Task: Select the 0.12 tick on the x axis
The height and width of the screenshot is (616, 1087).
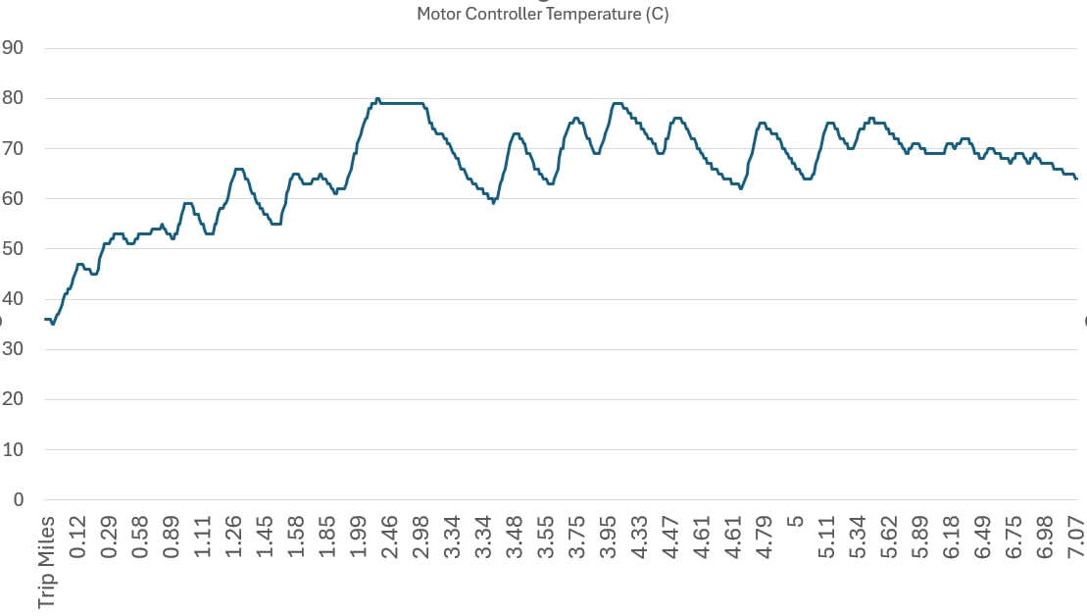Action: coord(78,538)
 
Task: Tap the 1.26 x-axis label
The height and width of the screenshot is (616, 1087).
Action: coord(234,538)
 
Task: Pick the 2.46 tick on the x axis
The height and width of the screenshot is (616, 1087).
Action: coord(390,538)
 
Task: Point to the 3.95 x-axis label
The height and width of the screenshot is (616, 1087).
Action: coord(609,538)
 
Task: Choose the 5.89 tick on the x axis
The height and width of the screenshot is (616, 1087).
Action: coord(920,538)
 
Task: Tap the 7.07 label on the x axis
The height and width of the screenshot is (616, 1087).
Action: coord(1076,538)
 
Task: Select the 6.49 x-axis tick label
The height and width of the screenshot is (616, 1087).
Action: coord(983,538)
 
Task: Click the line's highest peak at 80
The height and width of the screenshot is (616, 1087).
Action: coord(377,98)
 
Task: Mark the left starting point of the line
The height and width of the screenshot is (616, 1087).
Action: coord(45,319)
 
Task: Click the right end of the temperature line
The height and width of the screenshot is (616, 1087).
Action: coord(1076,179)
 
